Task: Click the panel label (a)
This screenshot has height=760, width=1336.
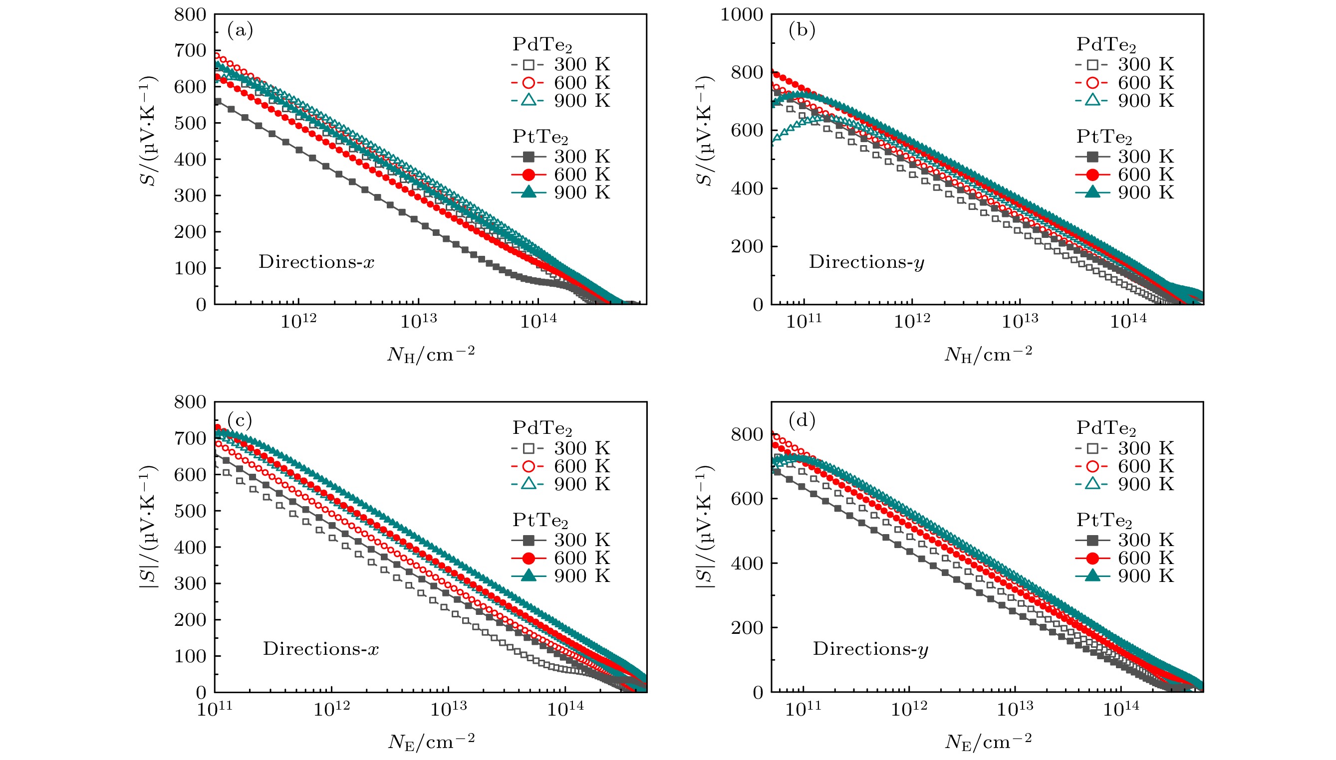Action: (240, 31)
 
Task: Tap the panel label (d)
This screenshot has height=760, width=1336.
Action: (802, 420)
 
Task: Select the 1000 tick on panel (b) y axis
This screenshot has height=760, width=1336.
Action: (741, 14)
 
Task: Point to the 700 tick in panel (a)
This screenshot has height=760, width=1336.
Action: (190, 51)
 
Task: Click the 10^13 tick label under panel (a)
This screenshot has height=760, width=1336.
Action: (418, 321)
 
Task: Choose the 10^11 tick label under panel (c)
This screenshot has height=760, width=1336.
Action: (215, 709)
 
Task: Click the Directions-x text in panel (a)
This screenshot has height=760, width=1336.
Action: (316, 261)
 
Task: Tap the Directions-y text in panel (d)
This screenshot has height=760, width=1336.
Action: (870, 649)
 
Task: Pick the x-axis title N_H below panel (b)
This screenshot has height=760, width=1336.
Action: (988, 354)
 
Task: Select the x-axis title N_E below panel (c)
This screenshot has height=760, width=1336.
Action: (431, 741)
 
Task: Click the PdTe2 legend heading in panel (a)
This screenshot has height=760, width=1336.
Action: (541, 45)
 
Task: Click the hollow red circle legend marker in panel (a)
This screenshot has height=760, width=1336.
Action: (529, 82)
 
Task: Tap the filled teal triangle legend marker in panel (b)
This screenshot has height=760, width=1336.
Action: (1092, 192)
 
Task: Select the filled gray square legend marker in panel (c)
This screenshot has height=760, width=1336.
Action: (529, 539)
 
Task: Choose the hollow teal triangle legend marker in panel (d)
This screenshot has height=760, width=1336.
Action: (1092, 484)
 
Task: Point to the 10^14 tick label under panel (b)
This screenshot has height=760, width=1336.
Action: (1128, 321)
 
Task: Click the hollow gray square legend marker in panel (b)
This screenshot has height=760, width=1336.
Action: (1092, 65)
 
